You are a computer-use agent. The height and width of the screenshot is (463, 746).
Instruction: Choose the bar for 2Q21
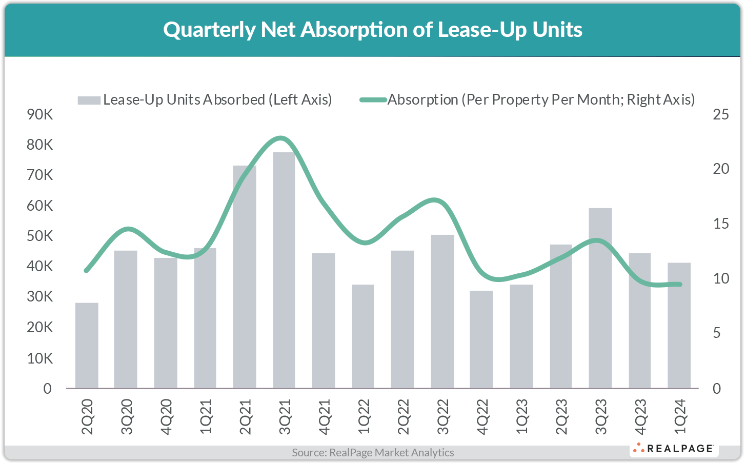click(245, 277)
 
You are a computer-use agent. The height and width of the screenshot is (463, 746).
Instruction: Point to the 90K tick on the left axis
click(39, 114)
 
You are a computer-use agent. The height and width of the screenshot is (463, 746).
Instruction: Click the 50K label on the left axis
click(39, 236)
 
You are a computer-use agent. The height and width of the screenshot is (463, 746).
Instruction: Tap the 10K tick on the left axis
click(39, 358)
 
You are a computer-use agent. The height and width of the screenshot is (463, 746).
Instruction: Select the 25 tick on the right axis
click(720, 114)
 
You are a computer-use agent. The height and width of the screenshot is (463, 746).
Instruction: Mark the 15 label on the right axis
click(720, 224)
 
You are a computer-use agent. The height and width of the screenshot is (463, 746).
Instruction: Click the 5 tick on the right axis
click(720, 334)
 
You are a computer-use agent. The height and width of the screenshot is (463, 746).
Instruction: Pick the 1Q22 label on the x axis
click(364, 416)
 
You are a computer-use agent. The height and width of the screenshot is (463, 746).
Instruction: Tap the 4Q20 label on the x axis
click(166, 416)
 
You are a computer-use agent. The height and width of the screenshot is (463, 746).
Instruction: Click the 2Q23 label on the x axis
click(561, 416)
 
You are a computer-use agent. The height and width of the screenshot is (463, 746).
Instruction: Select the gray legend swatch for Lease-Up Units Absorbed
click(89, 100)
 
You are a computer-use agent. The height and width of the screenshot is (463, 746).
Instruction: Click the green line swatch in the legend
click(373, 100)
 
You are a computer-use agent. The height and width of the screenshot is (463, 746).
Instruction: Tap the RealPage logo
click(674, 449)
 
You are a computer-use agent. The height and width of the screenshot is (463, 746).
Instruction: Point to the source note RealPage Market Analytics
click(373, 452)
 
